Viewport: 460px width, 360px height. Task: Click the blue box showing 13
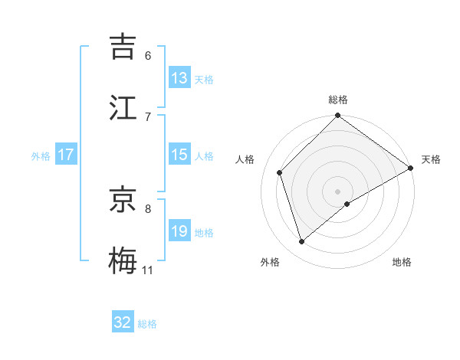[179, 78]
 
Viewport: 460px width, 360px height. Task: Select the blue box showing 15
[179, 155]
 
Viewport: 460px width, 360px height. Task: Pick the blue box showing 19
[179, 231]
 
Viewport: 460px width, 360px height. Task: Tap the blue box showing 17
[65, 155]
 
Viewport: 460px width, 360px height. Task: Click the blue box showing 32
[123, 322]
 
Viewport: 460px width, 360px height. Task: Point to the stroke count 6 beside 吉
[148, 55]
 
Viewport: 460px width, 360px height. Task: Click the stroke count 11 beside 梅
[147, 270]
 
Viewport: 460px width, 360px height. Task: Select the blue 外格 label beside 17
[41, 155]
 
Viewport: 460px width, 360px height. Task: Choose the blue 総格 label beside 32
[147, 323]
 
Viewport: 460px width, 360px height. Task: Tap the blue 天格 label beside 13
[203, 79]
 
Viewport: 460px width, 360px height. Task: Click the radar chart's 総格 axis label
[338, 100]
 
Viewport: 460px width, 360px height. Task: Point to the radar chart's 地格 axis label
[402, 262]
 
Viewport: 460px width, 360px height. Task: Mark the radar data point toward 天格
[410, 169]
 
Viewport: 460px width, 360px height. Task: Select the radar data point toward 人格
[280, 172]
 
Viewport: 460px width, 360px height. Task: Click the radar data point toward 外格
[302, 241]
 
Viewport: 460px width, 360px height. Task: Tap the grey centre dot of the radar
[338, 191]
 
